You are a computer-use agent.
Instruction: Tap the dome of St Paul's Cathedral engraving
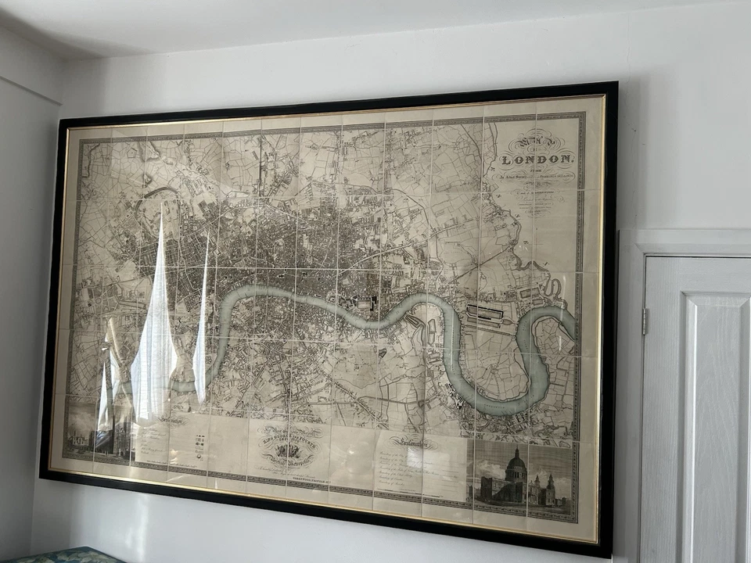coord(516,468)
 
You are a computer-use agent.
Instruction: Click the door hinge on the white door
coord(645,321)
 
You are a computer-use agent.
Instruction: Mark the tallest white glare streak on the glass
coord(154,328)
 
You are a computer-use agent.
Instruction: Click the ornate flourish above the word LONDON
coord(532,141)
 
